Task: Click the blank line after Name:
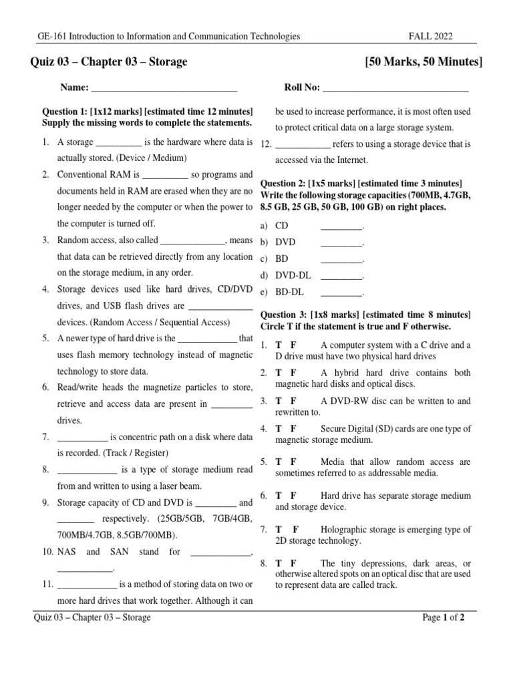[164, 88]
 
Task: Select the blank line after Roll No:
[395, 88]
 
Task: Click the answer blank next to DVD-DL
[341, 275]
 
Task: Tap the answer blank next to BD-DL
[341, 292]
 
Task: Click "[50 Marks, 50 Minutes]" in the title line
[423, 62]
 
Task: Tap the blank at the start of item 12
[303, 144]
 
